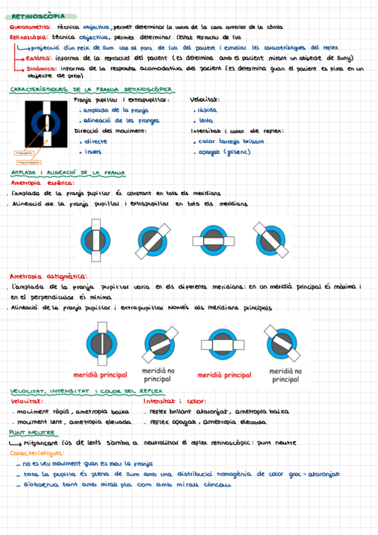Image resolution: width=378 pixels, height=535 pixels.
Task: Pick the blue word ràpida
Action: pos(207,110)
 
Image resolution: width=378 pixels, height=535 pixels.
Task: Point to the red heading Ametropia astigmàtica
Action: pos(49,276)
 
